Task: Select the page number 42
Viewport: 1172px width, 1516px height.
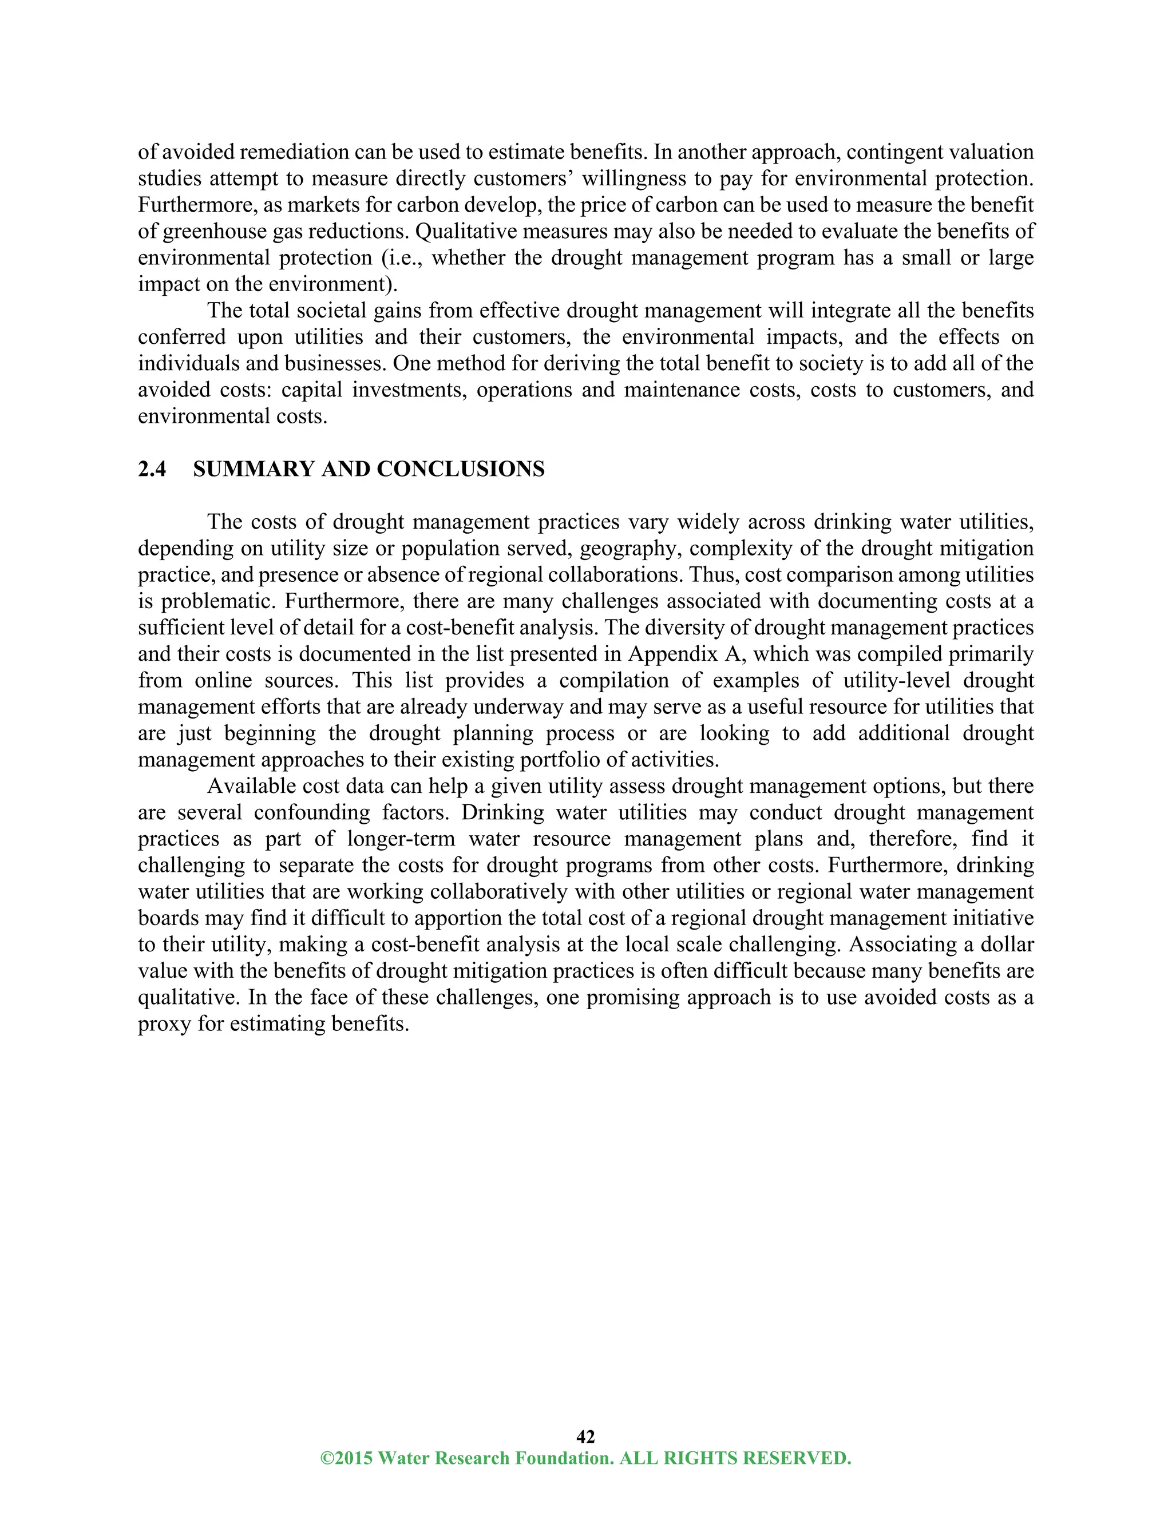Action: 585,1436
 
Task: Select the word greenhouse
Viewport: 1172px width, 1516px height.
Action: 215,231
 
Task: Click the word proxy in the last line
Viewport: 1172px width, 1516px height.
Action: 164,1024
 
